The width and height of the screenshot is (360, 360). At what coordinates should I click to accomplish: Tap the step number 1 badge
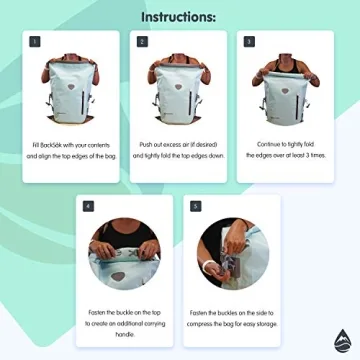36,43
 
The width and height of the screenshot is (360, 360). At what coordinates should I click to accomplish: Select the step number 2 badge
142,43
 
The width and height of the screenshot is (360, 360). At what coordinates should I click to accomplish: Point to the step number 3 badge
248,43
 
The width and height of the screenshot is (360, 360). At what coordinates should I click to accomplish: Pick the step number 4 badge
89,206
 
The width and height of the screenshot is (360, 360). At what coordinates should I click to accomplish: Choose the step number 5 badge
195,206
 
